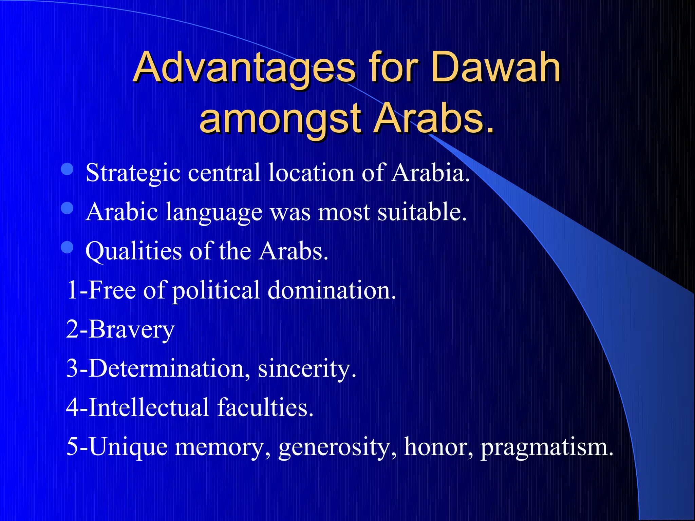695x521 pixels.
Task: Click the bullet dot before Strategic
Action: [x=67, y=169]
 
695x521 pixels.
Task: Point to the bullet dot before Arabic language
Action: [x=67, y=208]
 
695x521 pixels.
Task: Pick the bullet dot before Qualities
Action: [x=67, y=247]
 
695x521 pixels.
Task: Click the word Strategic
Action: [x=133, y=173]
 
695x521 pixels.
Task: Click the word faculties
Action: [x=265, y=407]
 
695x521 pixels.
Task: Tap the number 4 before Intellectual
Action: [x=73, y=407]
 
